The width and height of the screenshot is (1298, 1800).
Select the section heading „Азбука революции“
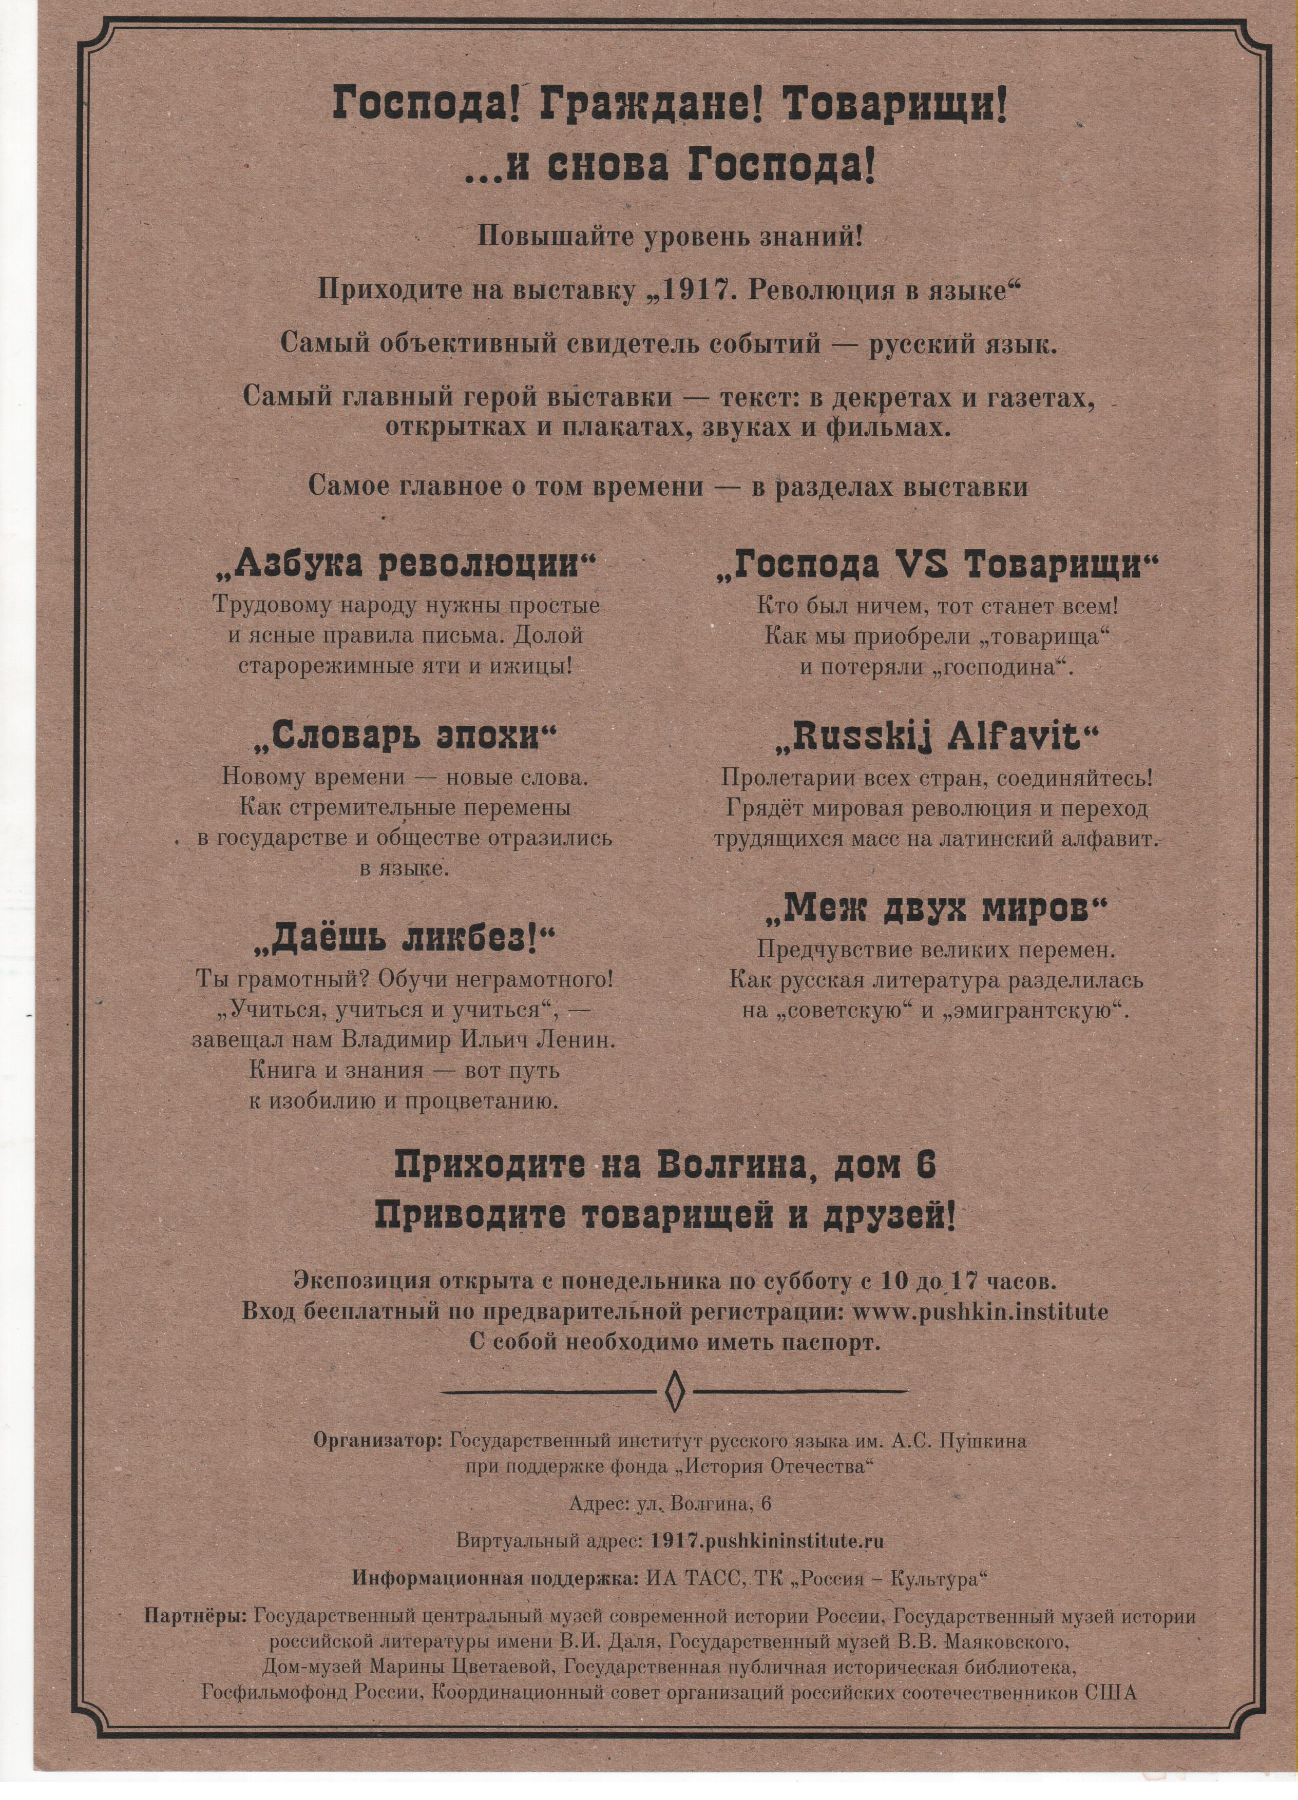click(x=406, y=564)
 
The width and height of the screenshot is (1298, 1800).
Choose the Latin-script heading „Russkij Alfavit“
click(x=937, y=738)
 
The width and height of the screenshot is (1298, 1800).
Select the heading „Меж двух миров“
click(x=936, y=909)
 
